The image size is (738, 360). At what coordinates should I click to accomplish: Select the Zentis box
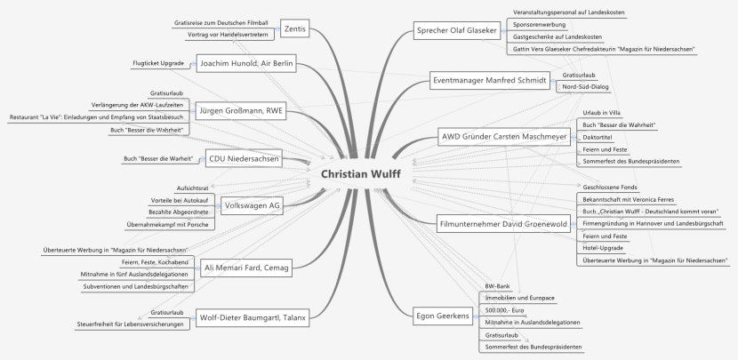click(293, 28)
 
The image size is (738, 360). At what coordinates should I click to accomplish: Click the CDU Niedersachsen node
click(241, 160)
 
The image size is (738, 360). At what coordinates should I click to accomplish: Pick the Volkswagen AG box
click(251, 205)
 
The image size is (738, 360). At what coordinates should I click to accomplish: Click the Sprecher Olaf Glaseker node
click(456, 31)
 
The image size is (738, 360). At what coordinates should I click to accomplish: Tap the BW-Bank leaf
click(496, 284)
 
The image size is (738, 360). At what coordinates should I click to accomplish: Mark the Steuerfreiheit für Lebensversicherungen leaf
click(132, 324)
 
